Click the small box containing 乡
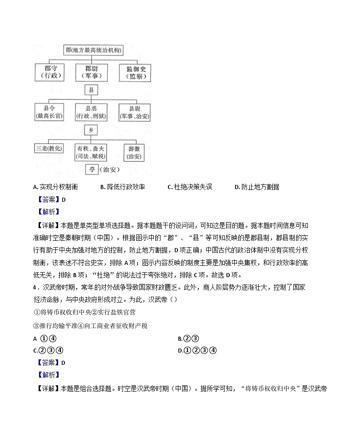91,130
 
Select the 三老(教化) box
49,149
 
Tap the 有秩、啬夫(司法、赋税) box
91,152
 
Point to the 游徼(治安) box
134,152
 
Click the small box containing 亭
92,169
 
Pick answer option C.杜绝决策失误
190,187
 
